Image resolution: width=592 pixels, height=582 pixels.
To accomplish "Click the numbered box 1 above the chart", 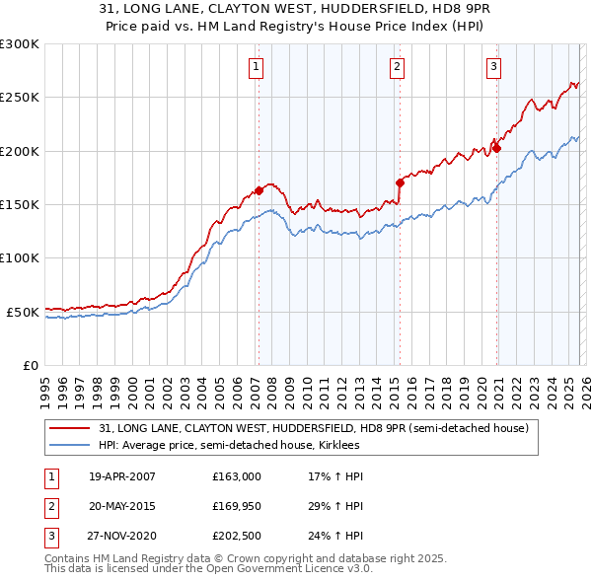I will click(256, 67).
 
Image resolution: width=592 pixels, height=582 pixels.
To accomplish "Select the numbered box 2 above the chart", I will click(397, 67).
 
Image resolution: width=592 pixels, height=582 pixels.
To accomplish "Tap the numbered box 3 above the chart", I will click(493, 67).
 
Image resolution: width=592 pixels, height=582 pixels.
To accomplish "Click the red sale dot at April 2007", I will click(259, 190).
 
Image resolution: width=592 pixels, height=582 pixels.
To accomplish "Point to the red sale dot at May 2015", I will click(400, 182).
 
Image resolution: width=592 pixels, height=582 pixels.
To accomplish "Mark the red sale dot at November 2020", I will click(496, 148).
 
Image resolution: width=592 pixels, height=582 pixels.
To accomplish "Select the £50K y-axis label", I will click(24, 312).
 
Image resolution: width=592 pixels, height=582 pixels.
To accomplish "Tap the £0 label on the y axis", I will click(30, 365).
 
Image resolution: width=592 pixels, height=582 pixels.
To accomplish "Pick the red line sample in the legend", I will click(70, 428).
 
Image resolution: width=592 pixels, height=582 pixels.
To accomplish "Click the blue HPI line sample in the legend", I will click(70, 445).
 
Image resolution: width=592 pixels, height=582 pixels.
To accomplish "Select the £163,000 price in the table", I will click(236, 476).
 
